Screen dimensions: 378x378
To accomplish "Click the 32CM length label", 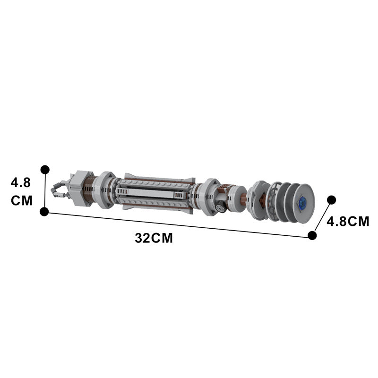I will click(154, 238).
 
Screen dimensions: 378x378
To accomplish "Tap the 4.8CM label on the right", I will click(348, 221).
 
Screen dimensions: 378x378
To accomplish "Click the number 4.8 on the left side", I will click(20, 182).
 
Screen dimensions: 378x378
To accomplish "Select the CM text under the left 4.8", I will click(22, 200).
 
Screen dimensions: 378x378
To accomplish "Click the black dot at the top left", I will click(45, 170).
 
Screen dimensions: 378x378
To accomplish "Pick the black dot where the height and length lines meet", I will click(44, 212).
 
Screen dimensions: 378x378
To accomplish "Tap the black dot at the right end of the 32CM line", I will click(312, 235).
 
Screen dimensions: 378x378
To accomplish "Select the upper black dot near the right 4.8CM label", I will click(332, 200).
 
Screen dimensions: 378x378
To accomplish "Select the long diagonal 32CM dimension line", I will click(180, 224).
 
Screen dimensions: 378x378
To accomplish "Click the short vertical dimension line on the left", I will click(45, 191).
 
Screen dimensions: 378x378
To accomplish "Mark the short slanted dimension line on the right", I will click(322, 217).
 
